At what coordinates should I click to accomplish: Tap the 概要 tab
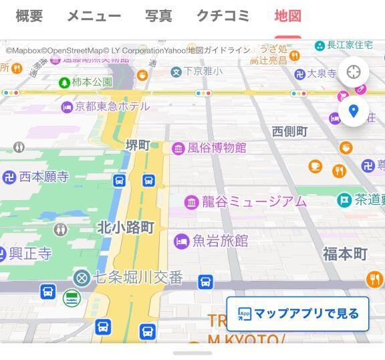pyautogui.click(x=29, y=16)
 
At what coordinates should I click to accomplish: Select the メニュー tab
pyautogui.click(x=94, y=16)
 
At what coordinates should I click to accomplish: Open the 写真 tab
pyautogui.click(x=158, y=16)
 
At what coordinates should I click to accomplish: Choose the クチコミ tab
pyautogui.click(x=223, y=16)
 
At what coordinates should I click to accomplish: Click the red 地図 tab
pyautogui.click(x=287, y=16)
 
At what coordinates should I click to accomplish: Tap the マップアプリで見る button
pyautogui.click(x=297, y=314)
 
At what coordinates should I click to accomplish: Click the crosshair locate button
pyautogui.click(x=354, y=72)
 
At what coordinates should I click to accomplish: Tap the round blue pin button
pyautogui.click(x=354, y=111)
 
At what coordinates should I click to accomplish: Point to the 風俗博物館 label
pyautogui.click(x=216, y=148)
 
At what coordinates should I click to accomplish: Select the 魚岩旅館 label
pyautogui.click(x=220, y=241)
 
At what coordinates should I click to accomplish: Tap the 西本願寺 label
pyautogui.click(x=43, y=177)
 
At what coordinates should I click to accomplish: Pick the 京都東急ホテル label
pyautogui.click(x=112, y=106)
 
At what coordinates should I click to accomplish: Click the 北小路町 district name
pyautogui.click(x=126, y=228)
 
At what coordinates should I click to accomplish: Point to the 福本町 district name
pyautogui.click(x=345, y=254)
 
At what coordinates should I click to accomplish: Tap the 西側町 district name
pyautogui.click(x=289, y=132)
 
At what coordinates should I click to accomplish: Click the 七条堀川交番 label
pyautogui.click(x=137, y=278)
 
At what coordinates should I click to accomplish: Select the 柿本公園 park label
pyautogui.click(x=92, y=82)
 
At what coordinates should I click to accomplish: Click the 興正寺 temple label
pyautogui.click(x=30, y=254)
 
